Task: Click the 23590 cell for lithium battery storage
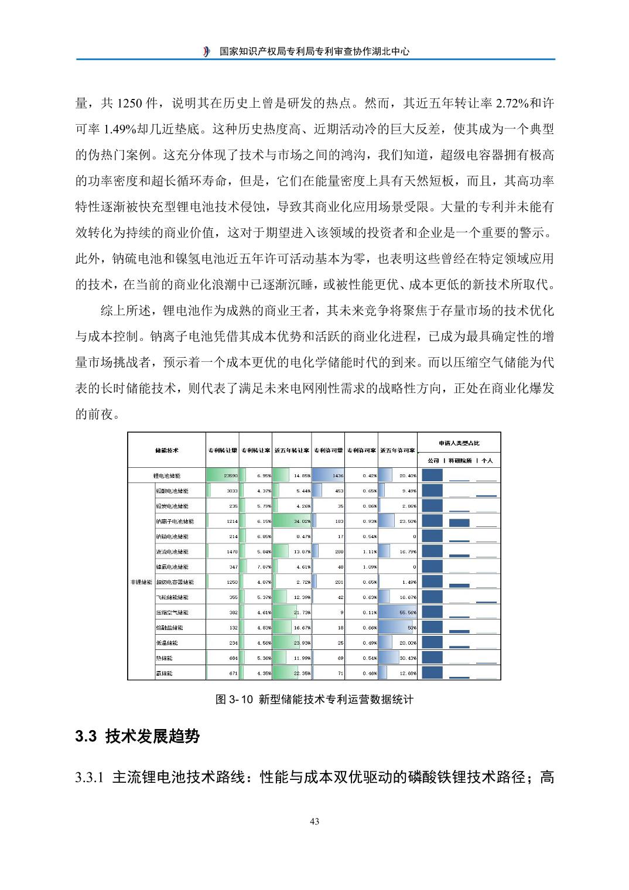coord(223,476)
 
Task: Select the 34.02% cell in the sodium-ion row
coord(292,521)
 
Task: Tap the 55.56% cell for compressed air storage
coord(398,612)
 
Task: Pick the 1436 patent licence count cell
coord(328,476)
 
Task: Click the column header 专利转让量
coord(223,450)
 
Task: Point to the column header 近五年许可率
coord(398,450)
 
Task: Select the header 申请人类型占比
coord(459,443)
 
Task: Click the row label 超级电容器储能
coord(175,582)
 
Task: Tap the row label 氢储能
coord(165,673)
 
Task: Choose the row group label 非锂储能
coord(141,582)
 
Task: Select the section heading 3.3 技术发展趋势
coord(138,736)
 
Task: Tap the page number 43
coord(314,821)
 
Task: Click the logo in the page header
coord(206,52)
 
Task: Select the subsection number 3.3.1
coord(90,778)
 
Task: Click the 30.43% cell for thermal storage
coord(398,658)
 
